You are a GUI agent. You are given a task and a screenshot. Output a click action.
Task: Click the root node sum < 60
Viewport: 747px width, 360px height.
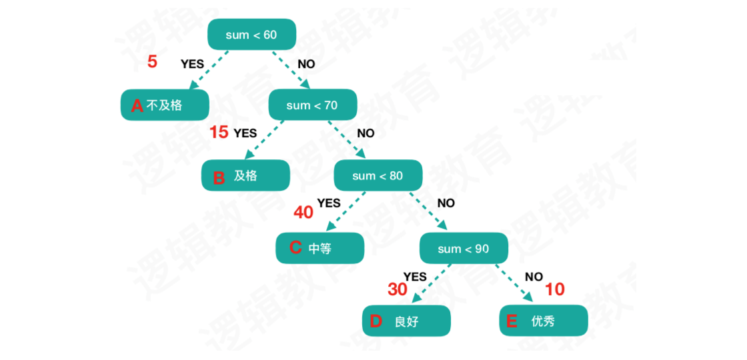(251, 34)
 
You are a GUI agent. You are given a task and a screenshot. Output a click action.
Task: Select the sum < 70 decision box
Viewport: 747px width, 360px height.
(312, 105)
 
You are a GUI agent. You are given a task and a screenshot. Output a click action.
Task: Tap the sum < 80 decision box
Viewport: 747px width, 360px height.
(378, 175)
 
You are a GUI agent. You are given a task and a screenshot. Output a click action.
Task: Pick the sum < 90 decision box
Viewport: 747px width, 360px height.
(463, 249)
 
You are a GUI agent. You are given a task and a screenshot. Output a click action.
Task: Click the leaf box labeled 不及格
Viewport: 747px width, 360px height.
(165, 105)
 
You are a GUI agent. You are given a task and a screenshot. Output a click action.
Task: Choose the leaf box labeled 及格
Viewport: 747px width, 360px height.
(246, 176)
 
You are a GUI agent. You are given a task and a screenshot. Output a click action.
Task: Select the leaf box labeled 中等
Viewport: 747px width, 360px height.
(320, 249)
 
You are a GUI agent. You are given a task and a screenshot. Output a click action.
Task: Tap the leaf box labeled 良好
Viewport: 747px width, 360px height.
(406, 321)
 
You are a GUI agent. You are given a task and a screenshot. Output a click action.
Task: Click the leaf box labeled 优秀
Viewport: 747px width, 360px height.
(544, 321)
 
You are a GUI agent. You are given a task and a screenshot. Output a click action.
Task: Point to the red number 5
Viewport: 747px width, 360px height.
(153, 62)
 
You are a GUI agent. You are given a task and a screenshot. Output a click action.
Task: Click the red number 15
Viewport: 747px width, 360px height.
(219, 133)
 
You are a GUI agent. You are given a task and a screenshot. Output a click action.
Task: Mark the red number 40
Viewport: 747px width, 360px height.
(303, 213)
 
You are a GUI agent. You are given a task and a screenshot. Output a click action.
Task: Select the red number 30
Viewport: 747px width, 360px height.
(398, 289)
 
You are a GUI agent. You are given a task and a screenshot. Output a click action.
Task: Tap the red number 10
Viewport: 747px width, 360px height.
(555, 289)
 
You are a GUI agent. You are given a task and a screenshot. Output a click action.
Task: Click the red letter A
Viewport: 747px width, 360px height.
(137, 105)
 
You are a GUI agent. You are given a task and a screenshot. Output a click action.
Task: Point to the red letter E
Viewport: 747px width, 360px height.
(512, 321)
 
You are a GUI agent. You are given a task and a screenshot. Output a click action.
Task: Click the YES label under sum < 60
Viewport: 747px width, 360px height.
(192, 65)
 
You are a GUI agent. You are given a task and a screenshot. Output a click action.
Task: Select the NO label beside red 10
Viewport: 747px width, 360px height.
(534, 276)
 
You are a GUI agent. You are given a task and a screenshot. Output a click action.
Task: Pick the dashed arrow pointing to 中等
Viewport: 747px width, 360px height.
(345, 211)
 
